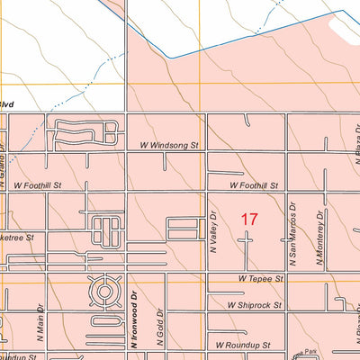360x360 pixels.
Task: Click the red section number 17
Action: [x=249, y=219]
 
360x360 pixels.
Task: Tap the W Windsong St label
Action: [x=168, y=144]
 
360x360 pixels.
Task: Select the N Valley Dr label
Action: [x=214, y=232]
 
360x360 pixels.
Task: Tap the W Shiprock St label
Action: [x=254, y=305]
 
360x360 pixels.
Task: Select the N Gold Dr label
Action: [x=159, y=329]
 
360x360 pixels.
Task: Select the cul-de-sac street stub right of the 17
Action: [x=249, y=240]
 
